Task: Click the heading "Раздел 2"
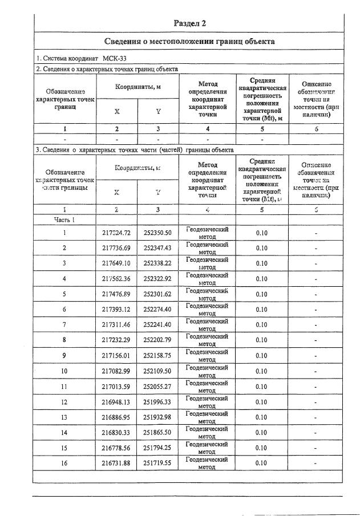(x=189, y=23)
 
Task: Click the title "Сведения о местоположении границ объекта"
(x=189, y=42)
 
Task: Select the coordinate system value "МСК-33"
(x=116, y=59)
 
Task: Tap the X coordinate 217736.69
(x=116, y=248)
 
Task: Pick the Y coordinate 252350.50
(x=157, y=233)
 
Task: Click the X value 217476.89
(x=116, y=294)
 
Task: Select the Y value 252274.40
(x=157, y=310)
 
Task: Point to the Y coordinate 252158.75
(x=157, y=356)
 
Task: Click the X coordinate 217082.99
(x=116, y=371)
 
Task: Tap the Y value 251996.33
(x=157, y=402)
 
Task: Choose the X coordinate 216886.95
(x=116, y=417)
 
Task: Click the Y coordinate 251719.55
(x=157, y=464)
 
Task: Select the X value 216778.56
(x=116, y=448)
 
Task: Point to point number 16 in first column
(x=64, y=464)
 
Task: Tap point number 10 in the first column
(x=64, y=371)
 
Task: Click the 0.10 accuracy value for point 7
(x=261, y=325)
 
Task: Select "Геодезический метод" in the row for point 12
(x=207, y=402)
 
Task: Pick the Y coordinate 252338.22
(x=157, y=263)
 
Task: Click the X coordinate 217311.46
(x=116, y=325)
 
